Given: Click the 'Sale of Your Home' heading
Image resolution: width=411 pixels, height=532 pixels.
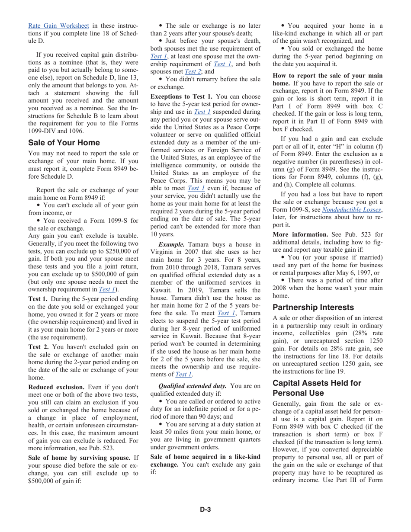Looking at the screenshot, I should pos(64,143).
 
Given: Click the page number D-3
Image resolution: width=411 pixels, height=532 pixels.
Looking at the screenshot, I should pos(205,509).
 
